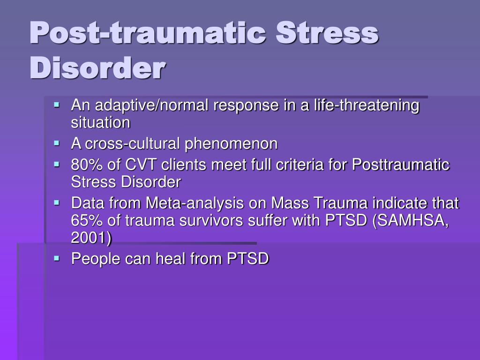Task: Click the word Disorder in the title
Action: pos(97,67)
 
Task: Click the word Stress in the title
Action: pos(327,33)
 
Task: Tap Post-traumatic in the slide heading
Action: pos(148,33)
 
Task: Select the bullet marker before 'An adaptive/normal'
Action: pos(57,105)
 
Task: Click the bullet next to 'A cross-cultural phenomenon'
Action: pos(57,143)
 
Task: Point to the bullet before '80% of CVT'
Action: pos(57,165)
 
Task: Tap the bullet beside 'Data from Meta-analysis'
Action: pos(57,202)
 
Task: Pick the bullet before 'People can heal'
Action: pos(57,258)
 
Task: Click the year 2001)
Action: pos(91,238)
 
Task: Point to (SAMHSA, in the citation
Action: pos(411,220)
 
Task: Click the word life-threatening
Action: pos(367,105)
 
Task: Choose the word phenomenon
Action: pos(231,144)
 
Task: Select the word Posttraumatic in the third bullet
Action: pos(401,165)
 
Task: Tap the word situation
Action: pos(101,123)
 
